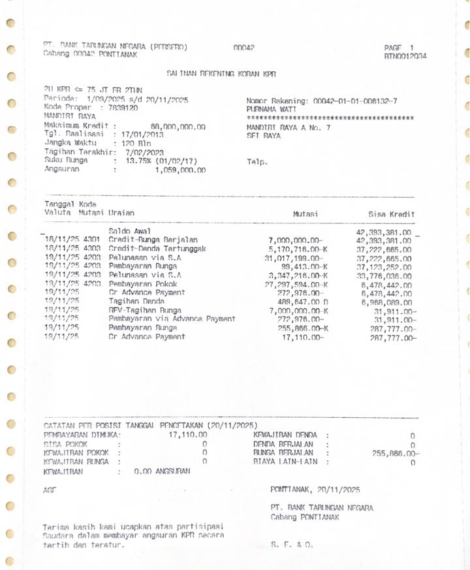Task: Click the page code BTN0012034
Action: pyautogui.click(x=405, y=57)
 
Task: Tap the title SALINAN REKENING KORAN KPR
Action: pyautogui.click(x=222, y=74)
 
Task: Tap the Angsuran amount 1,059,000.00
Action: pyautogui.click(x=180, y=170)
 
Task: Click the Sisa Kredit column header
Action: pyautogui.click(x=391, y=214)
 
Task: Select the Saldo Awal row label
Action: pyautogui.click(x=129, y=231)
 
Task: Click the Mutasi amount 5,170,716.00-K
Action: pyautogui.click(x=298, y=249)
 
